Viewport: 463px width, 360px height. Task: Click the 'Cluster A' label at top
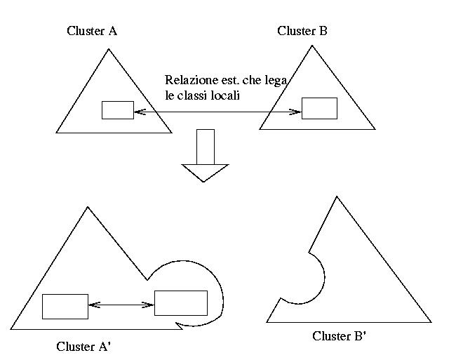[x=92, y=31]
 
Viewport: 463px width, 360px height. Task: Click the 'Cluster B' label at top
[x=302, y=31]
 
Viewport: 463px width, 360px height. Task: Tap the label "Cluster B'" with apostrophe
[x=340, y=336]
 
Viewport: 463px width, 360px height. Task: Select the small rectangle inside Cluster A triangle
[x=117, y=110]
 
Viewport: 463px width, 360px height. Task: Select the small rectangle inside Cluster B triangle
[x=319, y=109]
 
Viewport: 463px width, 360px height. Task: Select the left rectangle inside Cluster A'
[x=65, y=306]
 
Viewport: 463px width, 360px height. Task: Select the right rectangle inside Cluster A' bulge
[x=180, y=303]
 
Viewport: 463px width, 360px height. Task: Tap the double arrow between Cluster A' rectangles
[x=121, y=305]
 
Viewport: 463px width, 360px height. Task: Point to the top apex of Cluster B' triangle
[x=337, y=196]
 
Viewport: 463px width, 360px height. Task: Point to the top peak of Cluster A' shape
[x=88, y=207]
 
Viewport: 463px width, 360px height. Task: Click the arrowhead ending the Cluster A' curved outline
[x=180, y=324]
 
